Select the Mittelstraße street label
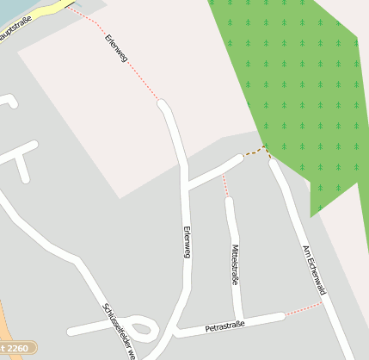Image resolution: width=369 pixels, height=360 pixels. click(235, 264)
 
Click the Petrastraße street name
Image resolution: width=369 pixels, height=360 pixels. click(225, 326)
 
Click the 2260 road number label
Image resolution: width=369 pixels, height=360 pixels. click(19, 349)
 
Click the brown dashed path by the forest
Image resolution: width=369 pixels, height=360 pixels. click(256, 152)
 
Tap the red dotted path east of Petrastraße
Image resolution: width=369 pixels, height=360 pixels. click(303, 309)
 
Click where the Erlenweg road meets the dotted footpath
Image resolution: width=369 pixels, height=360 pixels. click(161, 103)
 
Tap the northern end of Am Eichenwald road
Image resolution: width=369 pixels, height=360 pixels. click(274, 163)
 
